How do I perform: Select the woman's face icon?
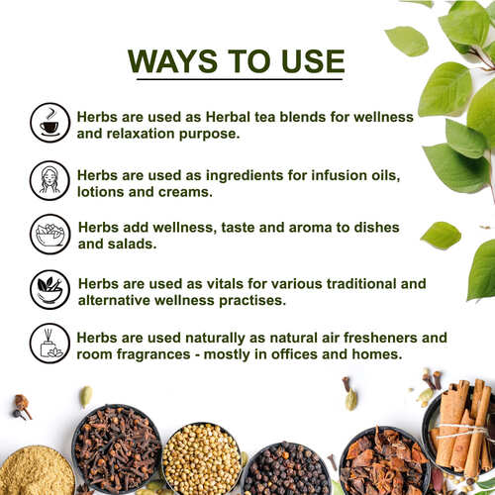[x=49, y=179]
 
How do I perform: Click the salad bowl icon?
[x=49, y=234]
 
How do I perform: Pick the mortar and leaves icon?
[x=49, y=288]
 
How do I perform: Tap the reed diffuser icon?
[x=49, y=343]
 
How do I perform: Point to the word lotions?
[x=106, y=190]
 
